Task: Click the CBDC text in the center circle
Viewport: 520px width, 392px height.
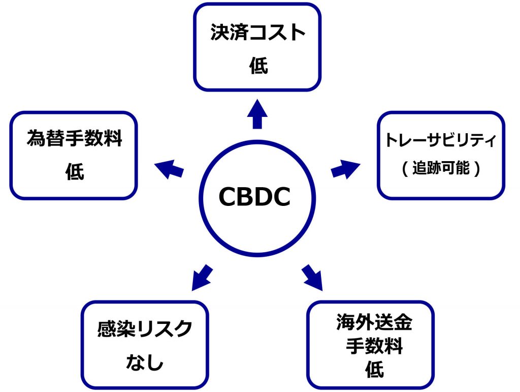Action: (254, 196)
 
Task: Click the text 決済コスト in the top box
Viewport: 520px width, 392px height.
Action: (258, 34)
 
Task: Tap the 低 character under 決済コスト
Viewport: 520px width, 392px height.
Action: (258, 67)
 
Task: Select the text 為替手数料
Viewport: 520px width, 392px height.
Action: (75, 139)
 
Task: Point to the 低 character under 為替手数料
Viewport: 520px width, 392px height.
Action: (75, 172)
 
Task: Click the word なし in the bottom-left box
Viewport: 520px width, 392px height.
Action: (145, 363)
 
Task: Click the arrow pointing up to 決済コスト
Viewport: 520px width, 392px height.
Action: (257, 115)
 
